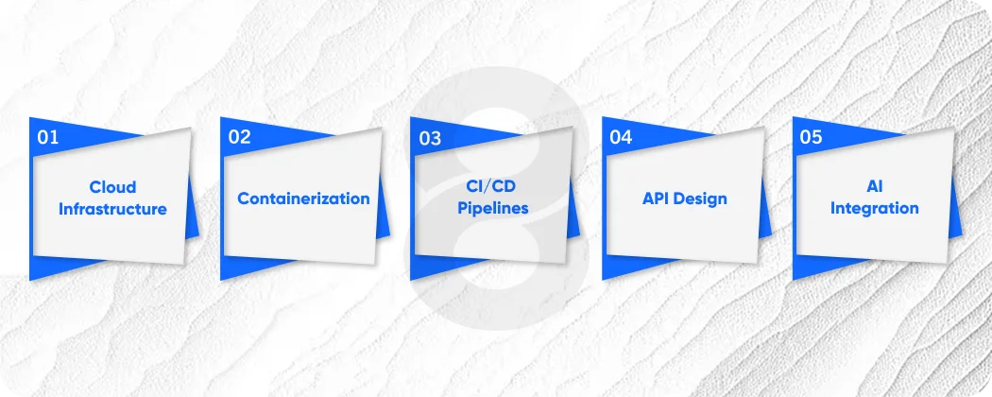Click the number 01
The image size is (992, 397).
(48, 137)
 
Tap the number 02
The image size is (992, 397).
(239, 137)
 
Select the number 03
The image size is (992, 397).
(430, 139)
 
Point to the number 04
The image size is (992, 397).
(621, 137)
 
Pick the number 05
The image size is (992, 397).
(812, 137)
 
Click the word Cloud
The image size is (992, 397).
(113, 187)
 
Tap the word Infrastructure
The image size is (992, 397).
(113, 209)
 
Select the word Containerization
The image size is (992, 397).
(303, 198)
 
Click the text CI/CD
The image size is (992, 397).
(493, 187)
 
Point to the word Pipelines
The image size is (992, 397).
(493, 209)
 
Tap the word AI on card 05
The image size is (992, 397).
(874, 187)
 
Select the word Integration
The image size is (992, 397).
(874, 209)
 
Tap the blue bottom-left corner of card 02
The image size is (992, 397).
(228, 268)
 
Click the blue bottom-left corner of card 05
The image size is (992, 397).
(799, 268)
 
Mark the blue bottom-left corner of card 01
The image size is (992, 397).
(37, 268)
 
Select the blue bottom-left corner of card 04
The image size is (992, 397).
(608, 268)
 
